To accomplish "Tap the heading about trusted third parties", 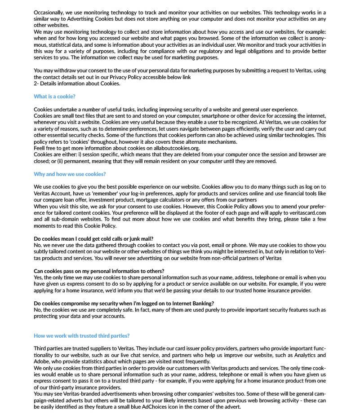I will pos(82,335).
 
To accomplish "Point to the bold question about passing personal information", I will pos(99,271).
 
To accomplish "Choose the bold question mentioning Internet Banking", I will pos(124,304).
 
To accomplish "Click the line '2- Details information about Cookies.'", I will pos(77,84).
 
